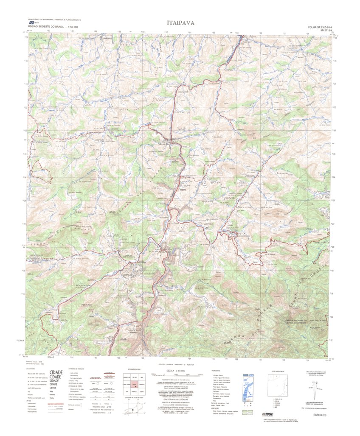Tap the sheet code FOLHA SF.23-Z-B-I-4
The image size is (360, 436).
[x=318, y=27]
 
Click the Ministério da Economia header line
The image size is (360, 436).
[x=55, y=20]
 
